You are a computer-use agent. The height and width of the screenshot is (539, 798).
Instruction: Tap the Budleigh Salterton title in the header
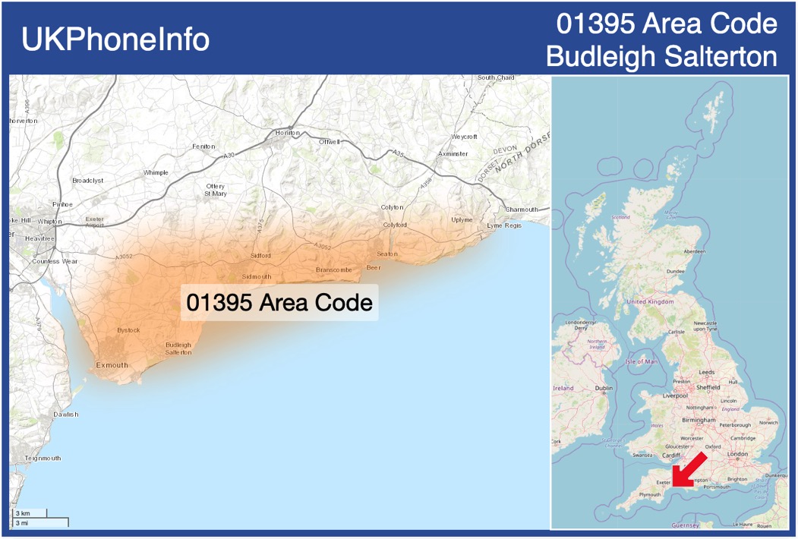point(661,56)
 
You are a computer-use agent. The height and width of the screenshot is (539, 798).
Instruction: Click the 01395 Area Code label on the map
point(279,302)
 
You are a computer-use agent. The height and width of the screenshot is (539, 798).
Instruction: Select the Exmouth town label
point(112,365)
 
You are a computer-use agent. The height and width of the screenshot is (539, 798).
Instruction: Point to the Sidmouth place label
point(256,276)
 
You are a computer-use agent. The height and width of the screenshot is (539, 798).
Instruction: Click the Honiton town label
point(288,133)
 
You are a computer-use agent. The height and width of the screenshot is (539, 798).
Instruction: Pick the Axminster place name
point(453,153)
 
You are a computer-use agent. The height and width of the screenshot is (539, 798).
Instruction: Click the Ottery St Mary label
point(216,190)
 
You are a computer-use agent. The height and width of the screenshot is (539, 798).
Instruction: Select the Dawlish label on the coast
point(66,414)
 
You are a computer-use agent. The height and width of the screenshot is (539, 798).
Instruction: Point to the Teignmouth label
point(43,459)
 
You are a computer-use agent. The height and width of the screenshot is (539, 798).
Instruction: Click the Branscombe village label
point(334,269)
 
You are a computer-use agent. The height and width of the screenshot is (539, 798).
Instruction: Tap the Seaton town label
point(386,254)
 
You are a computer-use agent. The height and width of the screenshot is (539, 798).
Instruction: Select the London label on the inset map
point(737,454)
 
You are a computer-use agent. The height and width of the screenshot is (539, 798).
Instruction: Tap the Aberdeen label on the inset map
point(694,251)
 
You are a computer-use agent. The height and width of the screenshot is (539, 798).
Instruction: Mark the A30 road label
point(229,156)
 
